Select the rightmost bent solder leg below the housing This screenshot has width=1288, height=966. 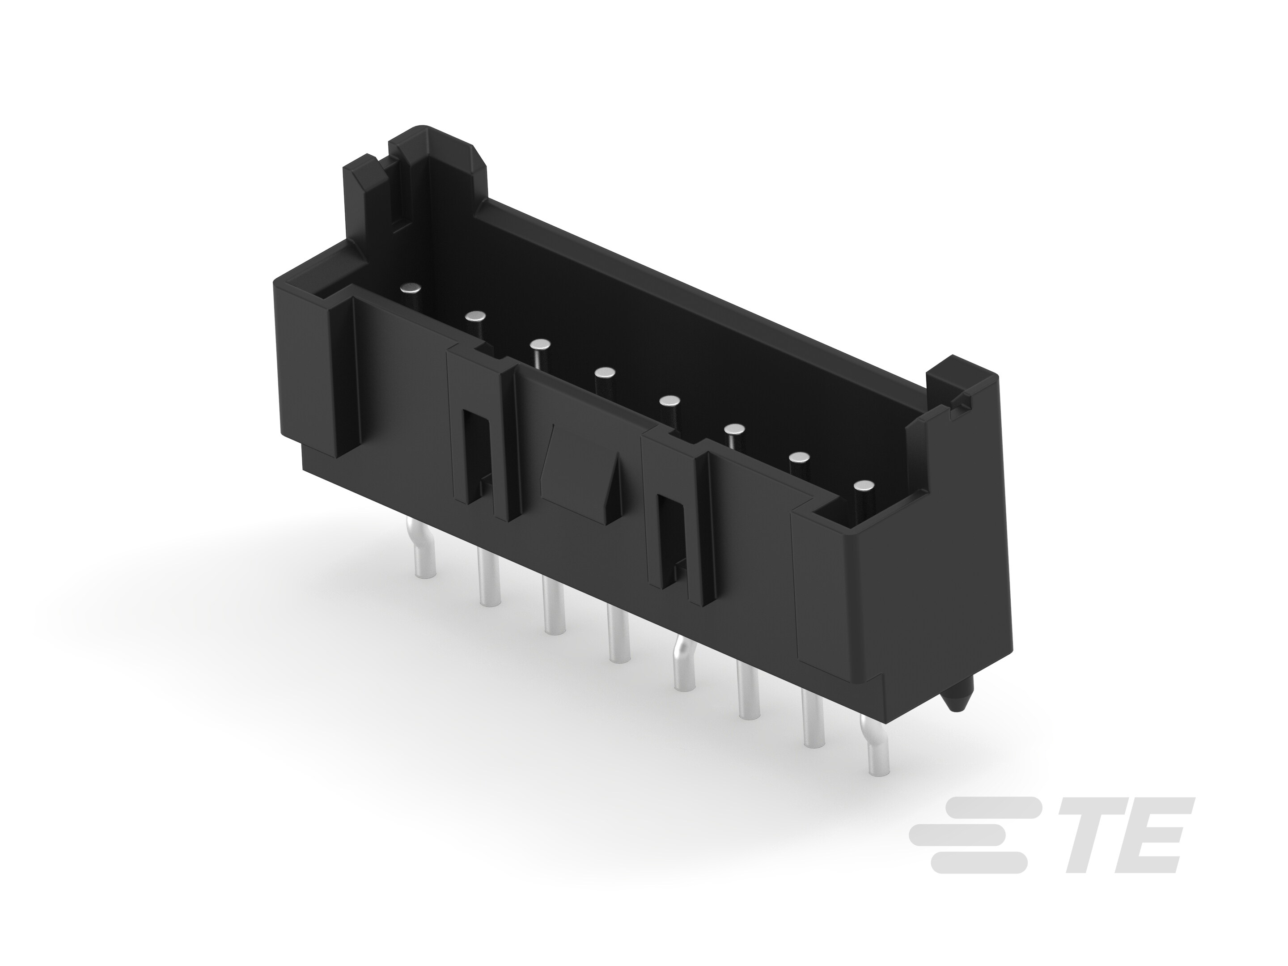875,751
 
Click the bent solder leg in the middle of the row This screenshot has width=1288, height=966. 682,664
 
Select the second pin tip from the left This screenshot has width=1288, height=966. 476,316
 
